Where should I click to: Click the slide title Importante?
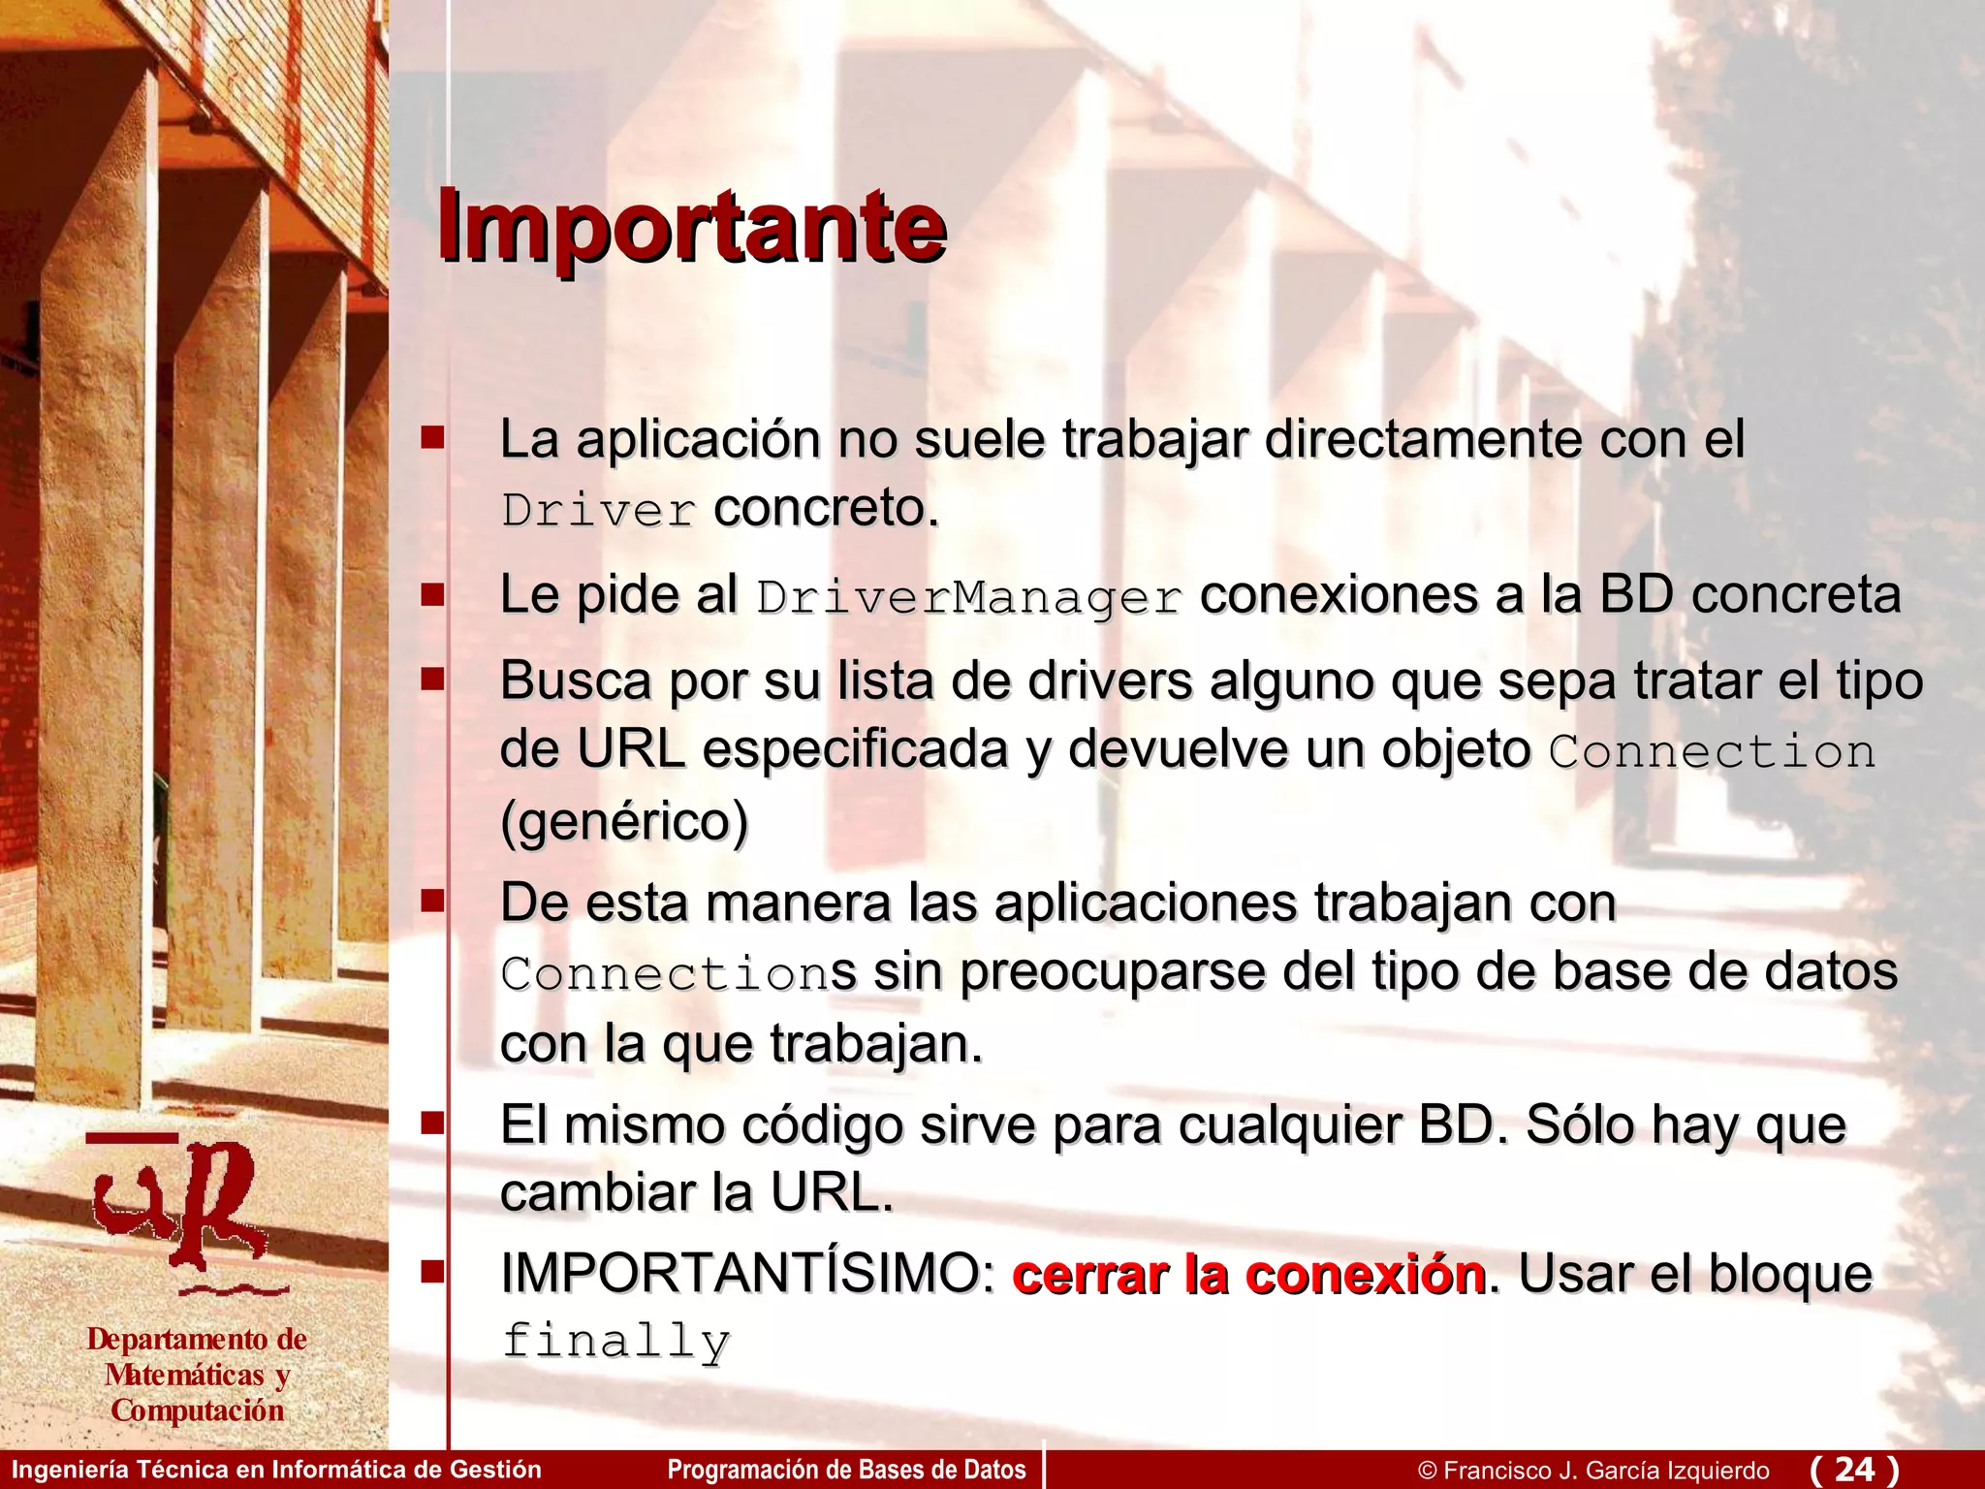[x=690, y=227]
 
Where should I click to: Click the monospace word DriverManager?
[x=969, y=597]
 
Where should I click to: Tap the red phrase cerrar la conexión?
[x=1248, y=1274]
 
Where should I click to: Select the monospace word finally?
[x=615, y=1343]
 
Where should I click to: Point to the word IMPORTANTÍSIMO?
[x=747, y=1274]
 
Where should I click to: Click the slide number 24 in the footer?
[x=1854, y=1469]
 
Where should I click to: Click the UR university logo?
[x=184, y=1212]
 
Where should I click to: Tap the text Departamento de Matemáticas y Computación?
[x=197, y=1375]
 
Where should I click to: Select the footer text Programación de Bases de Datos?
[x=846, y=1470]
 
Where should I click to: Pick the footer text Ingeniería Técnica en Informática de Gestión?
[x=276, y=1470]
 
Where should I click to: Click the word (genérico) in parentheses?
[x=624, y=822]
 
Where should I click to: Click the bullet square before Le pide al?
[x=432, y=594]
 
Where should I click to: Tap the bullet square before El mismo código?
[x=432, y=1124]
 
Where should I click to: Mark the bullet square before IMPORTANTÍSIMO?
[x=432, y=1271]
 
